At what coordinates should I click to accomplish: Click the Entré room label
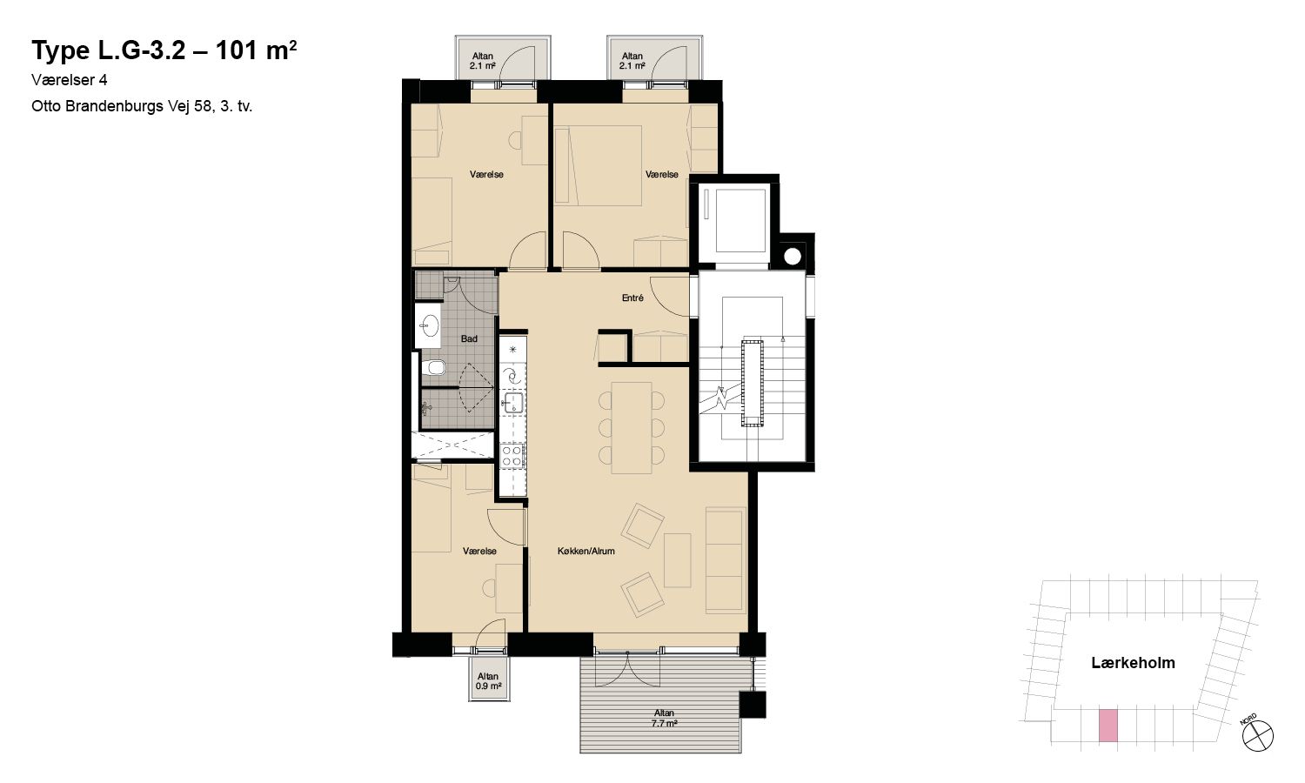632,298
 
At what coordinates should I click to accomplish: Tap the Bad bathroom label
469,338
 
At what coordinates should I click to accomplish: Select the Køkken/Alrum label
586,551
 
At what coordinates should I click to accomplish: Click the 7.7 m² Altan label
664,719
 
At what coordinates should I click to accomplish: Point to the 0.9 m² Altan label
488,681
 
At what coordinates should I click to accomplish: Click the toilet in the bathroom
433,368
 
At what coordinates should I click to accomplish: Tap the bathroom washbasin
430,325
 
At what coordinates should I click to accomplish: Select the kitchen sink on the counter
513,403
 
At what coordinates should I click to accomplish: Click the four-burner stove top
512,455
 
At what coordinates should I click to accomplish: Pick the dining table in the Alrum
632,428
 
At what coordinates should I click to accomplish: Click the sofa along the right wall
726,560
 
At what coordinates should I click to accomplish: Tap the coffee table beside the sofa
678,560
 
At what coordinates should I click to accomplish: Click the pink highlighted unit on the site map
1108,726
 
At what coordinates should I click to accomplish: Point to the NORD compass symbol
1257,734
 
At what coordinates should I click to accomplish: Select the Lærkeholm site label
1133,663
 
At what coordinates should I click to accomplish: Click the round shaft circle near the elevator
793,256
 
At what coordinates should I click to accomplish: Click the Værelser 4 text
70,80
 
